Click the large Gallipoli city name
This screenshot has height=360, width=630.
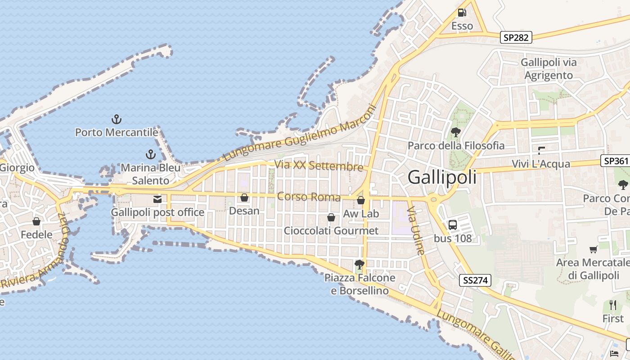coord(442,177)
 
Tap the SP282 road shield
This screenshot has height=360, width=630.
coord(516,37)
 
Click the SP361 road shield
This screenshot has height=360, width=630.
coord(615,161)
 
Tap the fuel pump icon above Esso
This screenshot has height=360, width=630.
coord(462,13)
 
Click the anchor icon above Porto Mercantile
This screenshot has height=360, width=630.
coord(117,119)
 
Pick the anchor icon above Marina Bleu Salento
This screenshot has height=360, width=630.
coord(150,154)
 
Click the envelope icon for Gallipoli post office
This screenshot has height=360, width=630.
coord(157,199)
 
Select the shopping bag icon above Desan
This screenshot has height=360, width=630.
coord(244,198)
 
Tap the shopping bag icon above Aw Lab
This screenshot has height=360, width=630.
coord(361,200)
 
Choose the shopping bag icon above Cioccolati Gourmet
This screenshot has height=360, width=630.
coord(331,218)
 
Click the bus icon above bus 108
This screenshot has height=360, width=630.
coord(453,225)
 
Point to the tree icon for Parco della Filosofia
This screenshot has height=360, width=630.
coord(456,132)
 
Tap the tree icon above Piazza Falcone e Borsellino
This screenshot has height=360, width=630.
coord(359,264)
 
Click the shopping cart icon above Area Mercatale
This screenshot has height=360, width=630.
coord(594,249)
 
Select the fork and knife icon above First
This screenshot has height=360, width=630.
coord(613,305)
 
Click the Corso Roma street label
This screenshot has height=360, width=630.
coord(309,197)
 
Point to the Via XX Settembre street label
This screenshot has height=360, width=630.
coord(319,166)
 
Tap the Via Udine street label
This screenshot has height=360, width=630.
coord(416,230)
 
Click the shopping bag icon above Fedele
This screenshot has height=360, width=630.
coord(36,221)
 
